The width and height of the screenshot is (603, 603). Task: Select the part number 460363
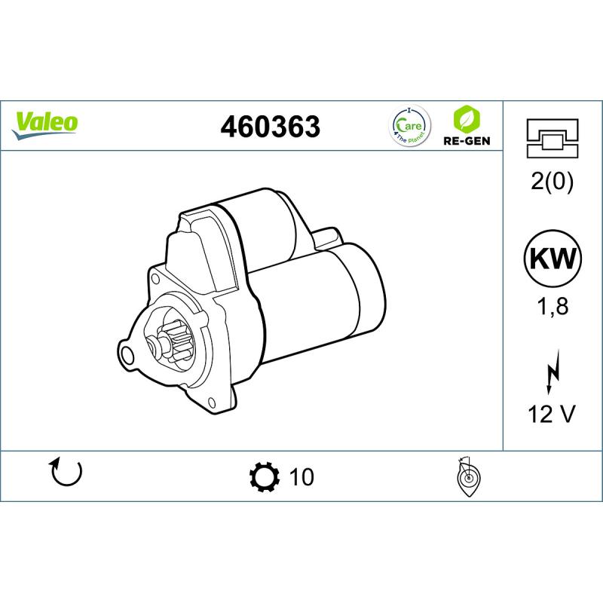(x=270, y=126)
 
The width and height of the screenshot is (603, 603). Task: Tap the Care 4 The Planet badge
(x=410, y=125)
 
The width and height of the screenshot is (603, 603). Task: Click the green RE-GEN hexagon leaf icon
(x=467, y=118)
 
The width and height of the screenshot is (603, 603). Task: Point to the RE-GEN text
(x=467, y=141)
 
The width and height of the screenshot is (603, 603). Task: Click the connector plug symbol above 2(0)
(x=552, y=139)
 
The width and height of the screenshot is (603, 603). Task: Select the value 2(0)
(x=552, y=181)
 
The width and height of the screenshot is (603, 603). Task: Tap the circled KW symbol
(x=552, y=258)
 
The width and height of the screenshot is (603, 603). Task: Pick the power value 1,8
(x=552, y=306)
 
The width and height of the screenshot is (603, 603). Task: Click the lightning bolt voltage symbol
(x=552, y=372)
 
